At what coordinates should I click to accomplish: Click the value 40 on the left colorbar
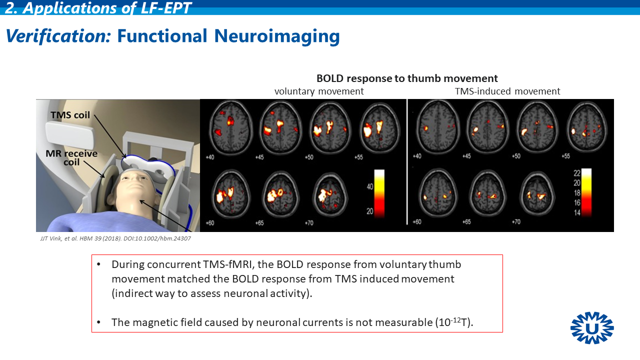click(x=370, y=186)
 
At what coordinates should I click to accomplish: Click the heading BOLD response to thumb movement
click(x=407, y=78)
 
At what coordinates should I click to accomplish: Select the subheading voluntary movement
click(x=319, y=91)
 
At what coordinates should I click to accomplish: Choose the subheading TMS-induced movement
click(x=507, y=91)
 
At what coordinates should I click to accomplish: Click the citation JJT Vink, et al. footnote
click(x=115, y=238)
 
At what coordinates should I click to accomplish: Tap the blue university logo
click(x=592, y=328)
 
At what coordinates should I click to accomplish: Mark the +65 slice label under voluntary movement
click(x=259, y=222)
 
